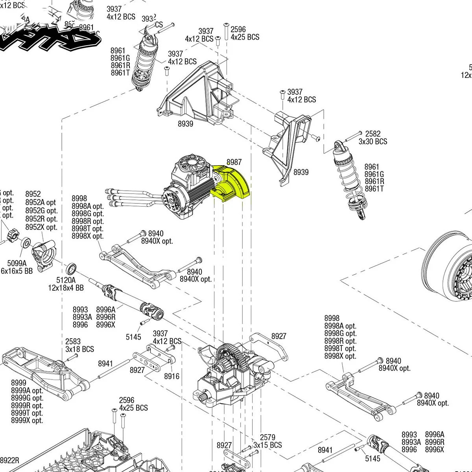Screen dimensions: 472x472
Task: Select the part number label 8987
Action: [x=234, y=162]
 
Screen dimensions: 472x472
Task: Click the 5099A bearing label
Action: [x=17, y=263]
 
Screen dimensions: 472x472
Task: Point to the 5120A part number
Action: [x=66, y=280]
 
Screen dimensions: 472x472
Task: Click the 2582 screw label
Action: [x=373, y=134]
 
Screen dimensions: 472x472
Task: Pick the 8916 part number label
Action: [x=171, y=376]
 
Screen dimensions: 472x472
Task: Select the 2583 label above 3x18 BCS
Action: [x=73, y=341]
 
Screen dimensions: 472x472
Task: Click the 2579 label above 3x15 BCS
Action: [x=267, y=437]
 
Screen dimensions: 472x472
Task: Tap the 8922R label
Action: [x=10, y=461]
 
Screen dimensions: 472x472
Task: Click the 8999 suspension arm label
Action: [x=18, y=383]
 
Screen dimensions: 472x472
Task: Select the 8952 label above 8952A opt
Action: [x=33, y=194]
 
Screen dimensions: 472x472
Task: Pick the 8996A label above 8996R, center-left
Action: [x=106, y=310]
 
